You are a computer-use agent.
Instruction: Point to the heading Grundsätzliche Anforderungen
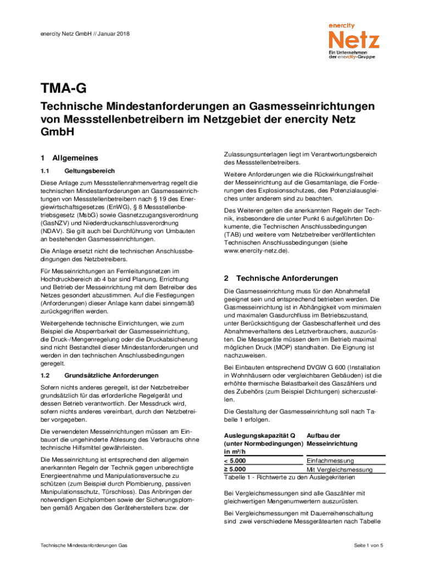(105, 376)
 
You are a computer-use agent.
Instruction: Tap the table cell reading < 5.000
(235, 460)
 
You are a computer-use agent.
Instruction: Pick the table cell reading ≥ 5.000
(235, 469)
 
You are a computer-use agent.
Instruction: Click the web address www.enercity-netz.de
(256, 251)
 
